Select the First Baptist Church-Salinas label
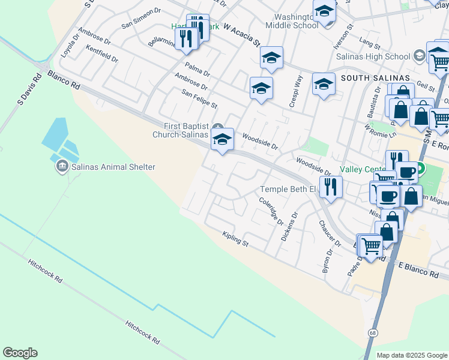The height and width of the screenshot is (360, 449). [x=187, y=130]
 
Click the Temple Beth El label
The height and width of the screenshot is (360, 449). [x=288, y=190]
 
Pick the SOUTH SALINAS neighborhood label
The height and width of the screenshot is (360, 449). [x=375, y=79]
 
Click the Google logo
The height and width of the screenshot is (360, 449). [x=20, y=353]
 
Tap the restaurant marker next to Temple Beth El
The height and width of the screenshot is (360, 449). [x=330, y=187]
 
